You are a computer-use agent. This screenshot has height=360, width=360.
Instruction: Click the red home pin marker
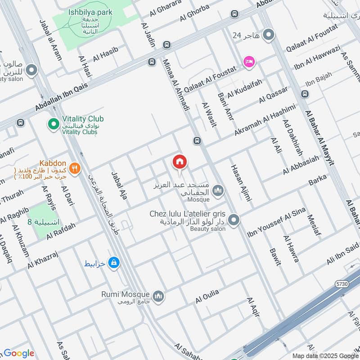pos(180,162)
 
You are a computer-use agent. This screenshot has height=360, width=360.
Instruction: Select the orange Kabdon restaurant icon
pos(75,168)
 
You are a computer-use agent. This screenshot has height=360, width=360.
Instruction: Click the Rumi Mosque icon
pos(158,296)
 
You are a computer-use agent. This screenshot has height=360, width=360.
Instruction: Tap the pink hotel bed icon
pos(248,62)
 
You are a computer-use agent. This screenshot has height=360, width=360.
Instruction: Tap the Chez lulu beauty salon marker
pos(233,220)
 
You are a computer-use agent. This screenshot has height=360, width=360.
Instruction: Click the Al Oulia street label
pos(207,295)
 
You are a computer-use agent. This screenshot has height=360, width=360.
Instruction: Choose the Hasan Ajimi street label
pos(241,182)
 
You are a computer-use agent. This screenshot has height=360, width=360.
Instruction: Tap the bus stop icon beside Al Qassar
pos(305,94)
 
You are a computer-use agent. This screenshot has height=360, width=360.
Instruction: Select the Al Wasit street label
pos(209,113)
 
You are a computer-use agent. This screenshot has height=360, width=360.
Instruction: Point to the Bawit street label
pos(275,256)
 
